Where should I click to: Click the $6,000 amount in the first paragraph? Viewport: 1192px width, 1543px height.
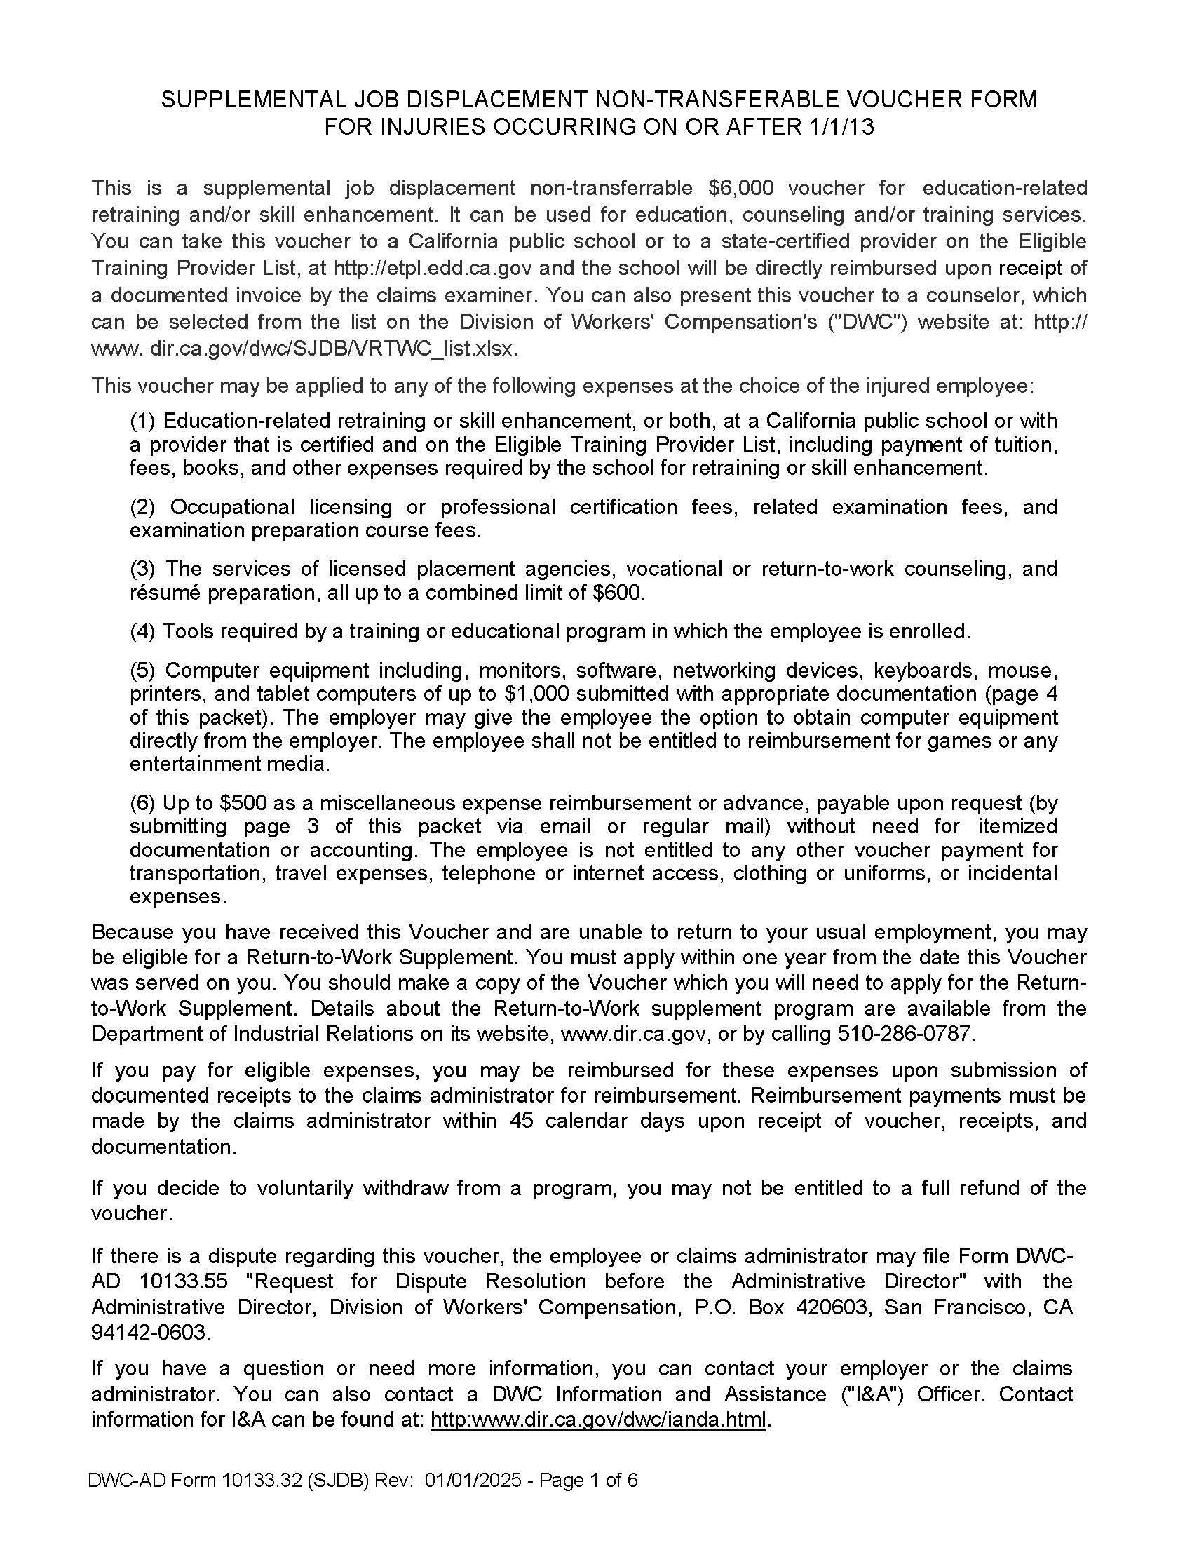click(740, 188)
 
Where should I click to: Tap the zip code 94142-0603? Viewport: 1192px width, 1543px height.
click(150, 1333)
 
